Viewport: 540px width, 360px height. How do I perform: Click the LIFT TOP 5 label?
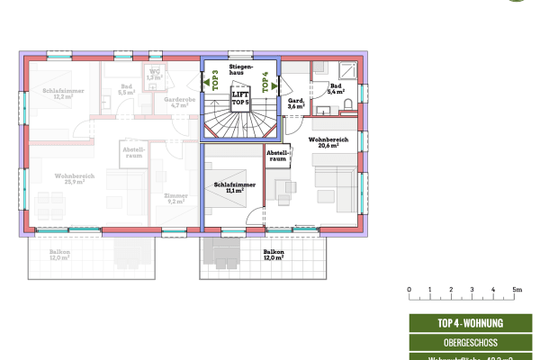(x=239, y=98)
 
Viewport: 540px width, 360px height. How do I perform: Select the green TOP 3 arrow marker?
(x=215, y=84)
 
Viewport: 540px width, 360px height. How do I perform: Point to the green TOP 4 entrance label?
(x=265, y=84)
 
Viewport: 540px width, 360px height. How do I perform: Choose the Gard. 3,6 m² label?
(x=296, y=103)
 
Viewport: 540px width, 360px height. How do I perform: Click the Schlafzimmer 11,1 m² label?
(x=234, y=187)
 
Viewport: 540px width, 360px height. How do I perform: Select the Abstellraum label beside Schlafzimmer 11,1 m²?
(x=276, y=157)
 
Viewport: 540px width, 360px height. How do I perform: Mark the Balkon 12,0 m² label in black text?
(x=274, y=256)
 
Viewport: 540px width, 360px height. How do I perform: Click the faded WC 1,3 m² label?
(x=156, y=75)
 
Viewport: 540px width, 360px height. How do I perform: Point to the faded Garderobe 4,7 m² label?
(x=179, y=103)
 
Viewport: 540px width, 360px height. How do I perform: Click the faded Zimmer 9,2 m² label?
(x=175, y=199)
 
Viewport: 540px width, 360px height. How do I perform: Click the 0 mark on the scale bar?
(x=409, y=290)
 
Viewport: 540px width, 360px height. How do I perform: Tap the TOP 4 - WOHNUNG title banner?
(x=469, y=323)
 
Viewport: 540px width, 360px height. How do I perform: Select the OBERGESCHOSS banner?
(x=469, y=342)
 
